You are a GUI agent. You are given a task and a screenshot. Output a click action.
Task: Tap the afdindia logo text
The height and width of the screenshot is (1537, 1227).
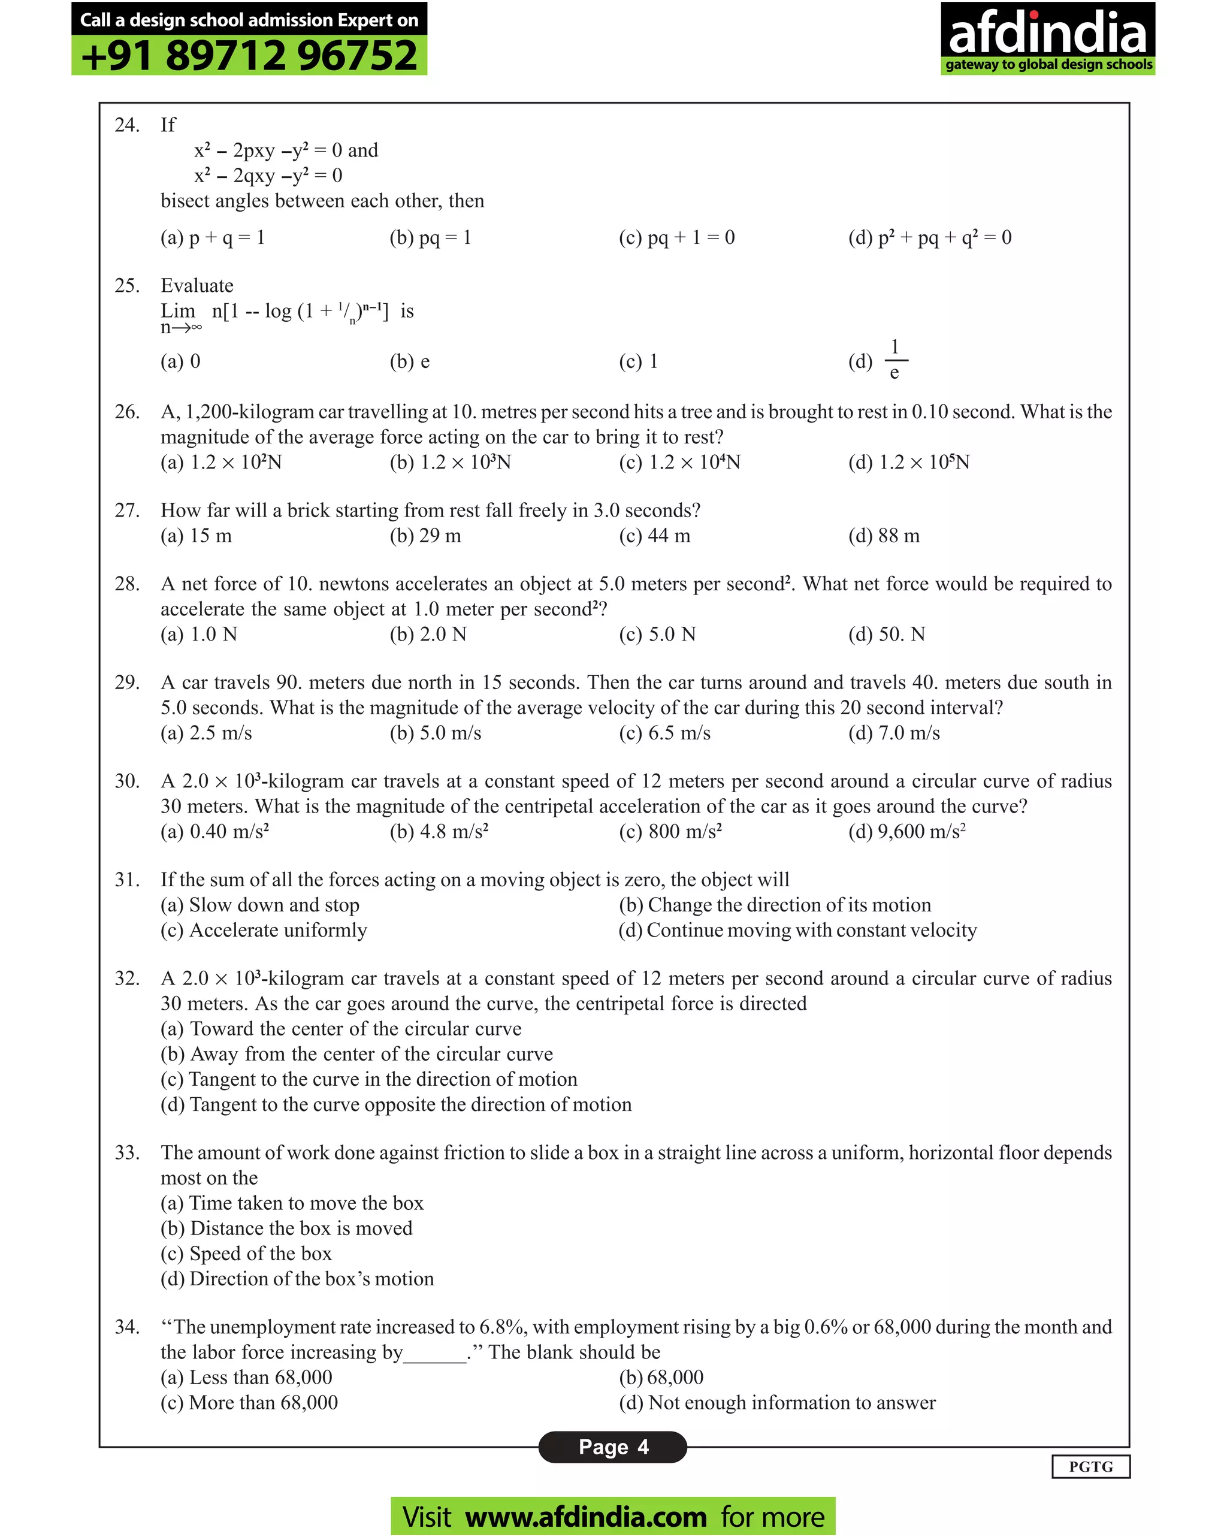[x=1047, y=32]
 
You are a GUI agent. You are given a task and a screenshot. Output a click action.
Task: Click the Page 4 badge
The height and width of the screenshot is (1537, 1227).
[x=612, y=1447]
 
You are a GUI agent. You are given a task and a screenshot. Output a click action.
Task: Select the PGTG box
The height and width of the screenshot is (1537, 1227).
[x=1090, y=1466]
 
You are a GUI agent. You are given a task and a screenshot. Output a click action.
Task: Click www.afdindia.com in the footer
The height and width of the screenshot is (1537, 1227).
[x=585, y=1516]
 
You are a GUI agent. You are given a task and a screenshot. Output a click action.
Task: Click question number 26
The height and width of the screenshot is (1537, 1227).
[x=127, y=412]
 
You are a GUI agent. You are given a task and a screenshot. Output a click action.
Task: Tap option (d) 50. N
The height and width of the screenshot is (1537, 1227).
[x=886, y=634]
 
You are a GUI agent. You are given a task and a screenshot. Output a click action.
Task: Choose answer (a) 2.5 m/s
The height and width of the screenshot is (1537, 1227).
[x=206, y=733]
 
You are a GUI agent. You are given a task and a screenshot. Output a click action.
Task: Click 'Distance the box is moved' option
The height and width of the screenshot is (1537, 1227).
[x=286, y=1228]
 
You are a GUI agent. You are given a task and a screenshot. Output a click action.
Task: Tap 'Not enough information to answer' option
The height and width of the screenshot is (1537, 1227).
[x=776, y=1402]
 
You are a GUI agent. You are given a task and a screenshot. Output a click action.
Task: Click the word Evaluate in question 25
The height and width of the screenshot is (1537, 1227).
[x=197, y=286]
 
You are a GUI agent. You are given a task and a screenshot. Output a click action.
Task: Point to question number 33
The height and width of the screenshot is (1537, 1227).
[x=127, y=1153]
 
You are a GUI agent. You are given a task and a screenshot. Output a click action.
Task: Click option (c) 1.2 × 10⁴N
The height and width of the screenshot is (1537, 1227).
[x=679, y=462]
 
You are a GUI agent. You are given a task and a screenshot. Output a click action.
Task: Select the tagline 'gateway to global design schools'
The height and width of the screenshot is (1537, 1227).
[x=1048, y=65]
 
